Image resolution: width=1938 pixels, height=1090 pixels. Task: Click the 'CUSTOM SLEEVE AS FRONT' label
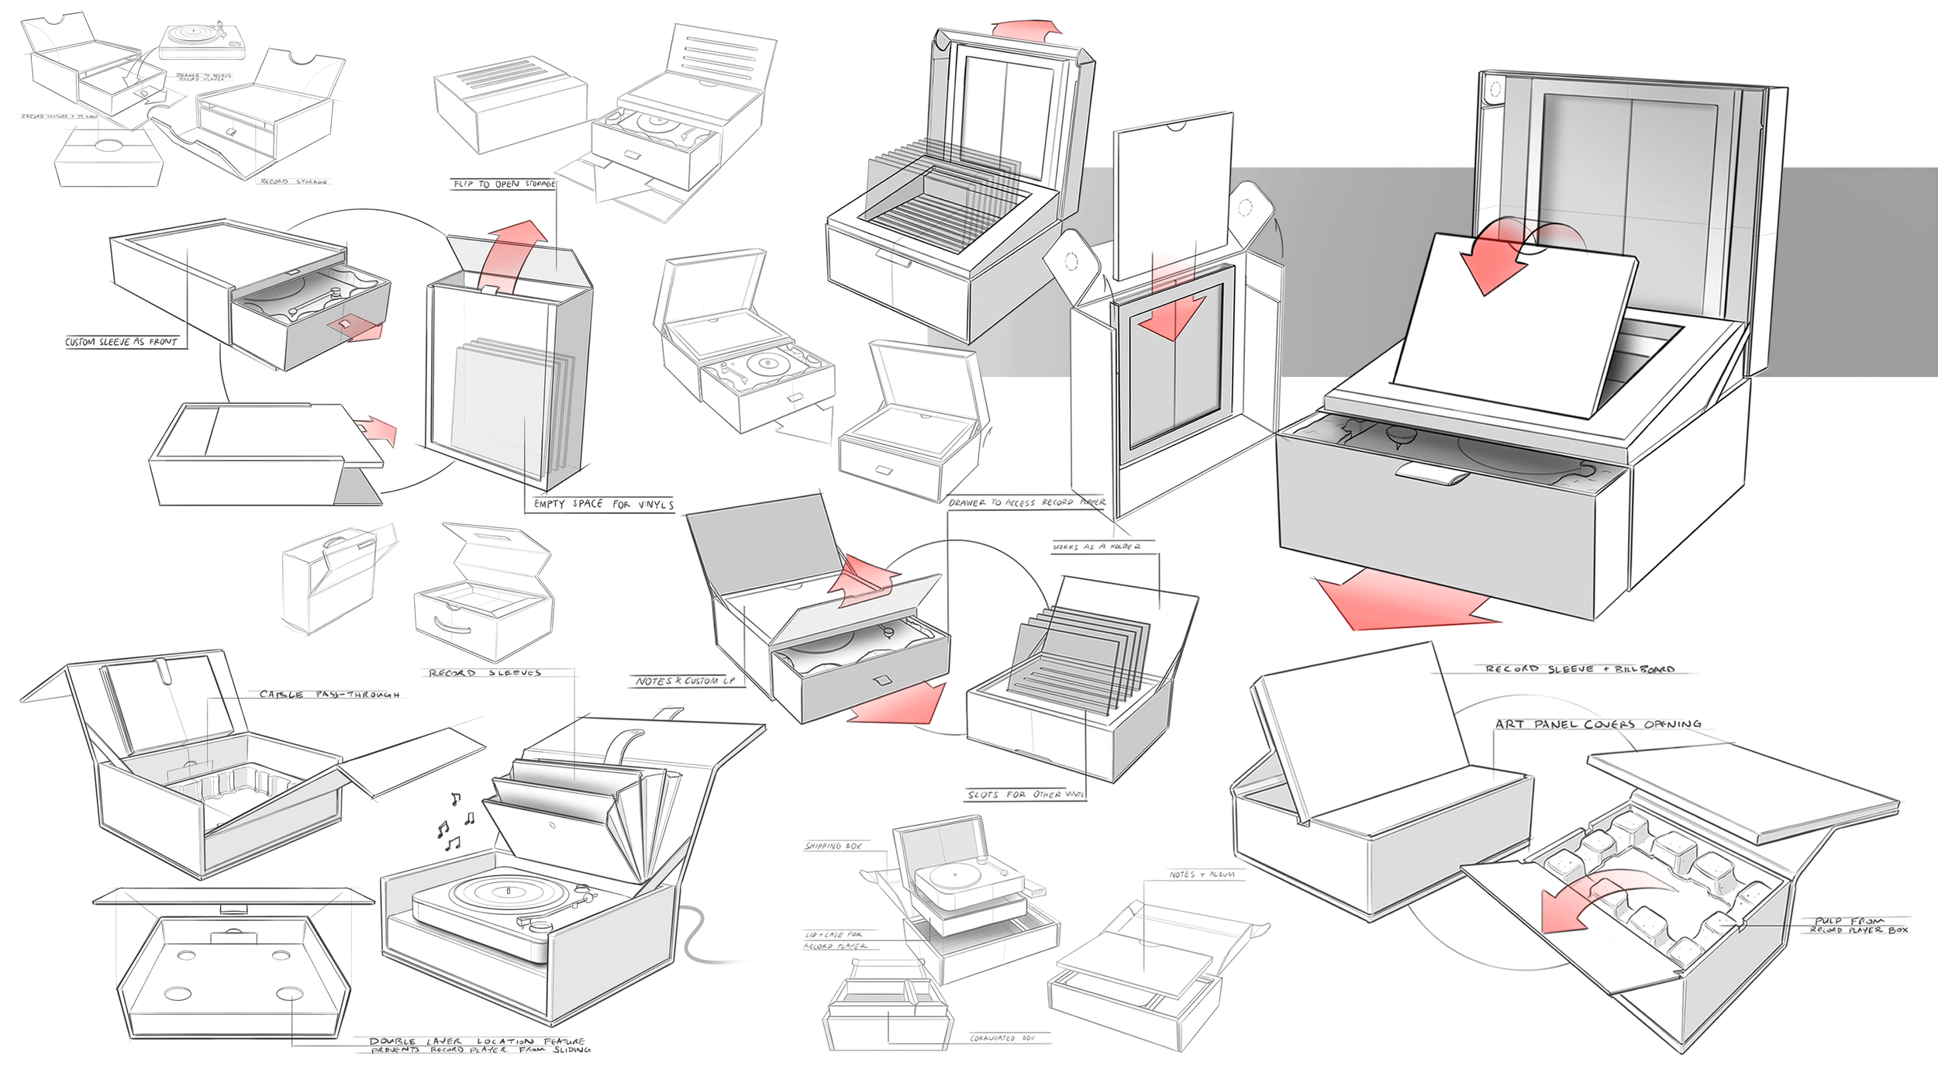(x=122, y=342)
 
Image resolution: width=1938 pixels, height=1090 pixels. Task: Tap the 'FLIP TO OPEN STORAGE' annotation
(x=504, y=184)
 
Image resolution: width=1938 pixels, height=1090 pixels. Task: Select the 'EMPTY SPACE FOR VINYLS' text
(x=603, y=505)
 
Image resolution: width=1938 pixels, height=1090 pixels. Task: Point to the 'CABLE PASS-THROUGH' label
(x=330, y=695)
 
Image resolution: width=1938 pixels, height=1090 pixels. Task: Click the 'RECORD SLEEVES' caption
(x=485, y=673)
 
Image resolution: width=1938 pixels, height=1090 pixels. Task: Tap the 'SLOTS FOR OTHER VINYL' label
(x=1025, y=795)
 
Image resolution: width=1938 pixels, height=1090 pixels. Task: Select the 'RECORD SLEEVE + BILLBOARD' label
(x=1580, y=669)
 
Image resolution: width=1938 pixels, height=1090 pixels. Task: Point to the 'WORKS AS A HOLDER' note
(x=1096, y=547)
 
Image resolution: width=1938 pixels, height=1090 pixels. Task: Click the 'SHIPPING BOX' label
(x=833, y=846)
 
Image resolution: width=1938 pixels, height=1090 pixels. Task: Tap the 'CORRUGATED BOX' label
(x=1002, y=1038)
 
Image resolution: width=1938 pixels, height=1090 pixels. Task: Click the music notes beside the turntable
(x=454, y=824)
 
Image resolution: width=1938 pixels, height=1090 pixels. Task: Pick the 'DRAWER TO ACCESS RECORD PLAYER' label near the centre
(x=1027, y=503)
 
